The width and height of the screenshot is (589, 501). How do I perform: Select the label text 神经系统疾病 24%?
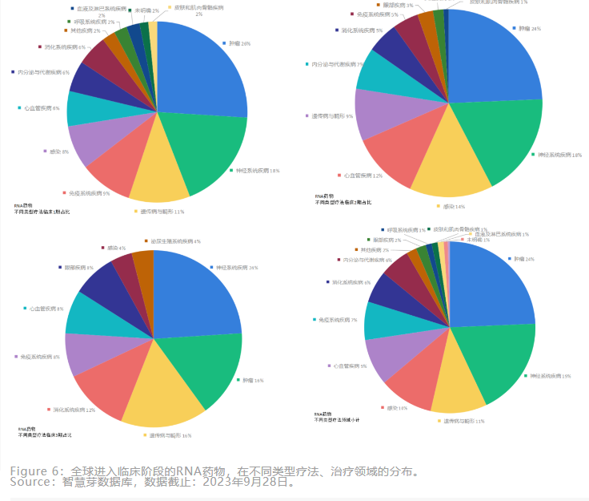[233, 268]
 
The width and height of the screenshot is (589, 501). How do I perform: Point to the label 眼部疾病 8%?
[78, 268]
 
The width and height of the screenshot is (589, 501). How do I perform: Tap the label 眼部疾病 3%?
[399, 6]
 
